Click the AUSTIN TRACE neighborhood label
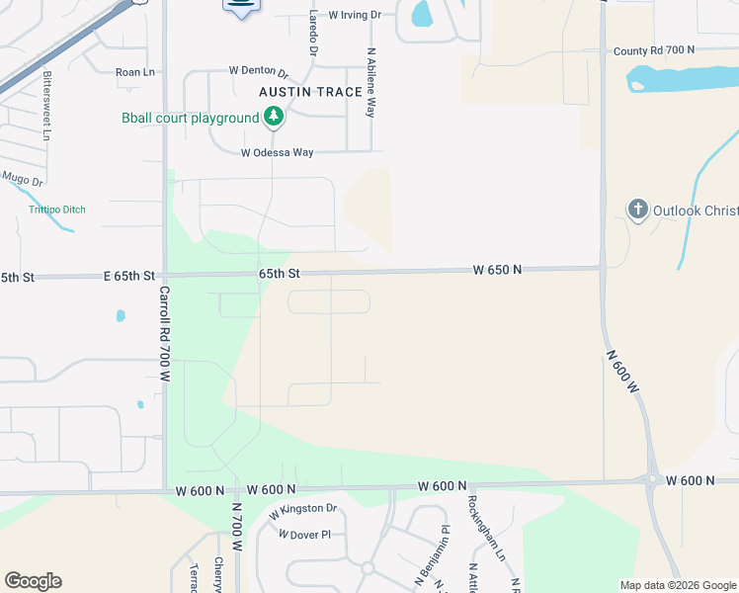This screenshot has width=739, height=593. tap(305, 92)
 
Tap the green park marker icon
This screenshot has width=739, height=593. tap(274, 119)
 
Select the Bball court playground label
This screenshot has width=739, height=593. tap(190, 119)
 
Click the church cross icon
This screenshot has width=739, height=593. tap(638, 210)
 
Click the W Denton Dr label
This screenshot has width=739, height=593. tap(258, 71)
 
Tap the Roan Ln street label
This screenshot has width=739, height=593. tap(135, 72)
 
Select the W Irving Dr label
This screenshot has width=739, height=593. tap(355, 15)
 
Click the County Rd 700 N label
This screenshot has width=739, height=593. tap(654, 49)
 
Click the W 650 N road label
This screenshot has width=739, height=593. tap(497, 269)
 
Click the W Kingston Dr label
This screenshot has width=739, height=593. tap(303, 511)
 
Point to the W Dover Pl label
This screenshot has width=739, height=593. tap(304, 535)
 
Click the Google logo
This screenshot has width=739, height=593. tap(33, 581)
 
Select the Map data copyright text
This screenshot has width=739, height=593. tap(678, 585)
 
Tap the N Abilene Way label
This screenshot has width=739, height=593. tap(371, 83)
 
